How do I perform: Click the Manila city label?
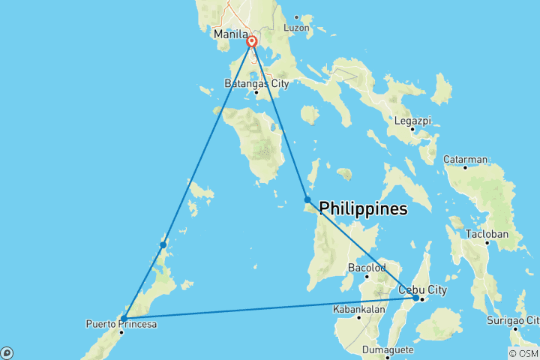[x=229, y=34]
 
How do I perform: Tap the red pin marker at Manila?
[x=253, y=43]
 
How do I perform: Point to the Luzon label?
[x=297, y=28]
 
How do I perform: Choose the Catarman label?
[x=466, y=159]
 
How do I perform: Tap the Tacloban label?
[x=487, y=234]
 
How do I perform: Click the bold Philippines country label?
[x=364, y=208]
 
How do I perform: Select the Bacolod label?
[x=367, y=267]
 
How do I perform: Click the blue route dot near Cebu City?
[x=415, y=298]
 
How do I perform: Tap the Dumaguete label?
[x=388, y=349]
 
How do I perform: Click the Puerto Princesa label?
[x=121, y=323]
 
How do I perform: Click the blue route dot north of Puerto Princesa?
[x=163, y=244]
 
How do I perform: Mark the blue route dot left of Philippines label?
[x=307, y=199]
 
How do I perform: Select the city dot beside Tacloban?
[x=487, y=243]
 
